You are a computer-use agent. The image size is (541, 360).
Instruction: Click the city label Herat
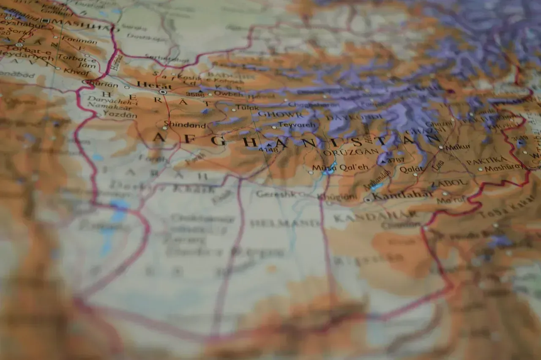click(x=148, y=85)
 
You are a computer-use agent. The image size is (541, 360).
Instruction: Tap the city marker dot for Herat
click(x=162, y=92)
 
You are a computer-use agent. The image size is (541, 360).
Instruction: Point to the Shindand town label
click(x=185, y=125)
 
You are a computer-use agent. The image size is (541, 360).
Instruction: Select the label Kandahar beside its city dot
click(x=403, y=195)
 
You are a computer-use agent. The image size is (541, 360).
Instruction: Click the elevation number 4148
click(x=268, y=149)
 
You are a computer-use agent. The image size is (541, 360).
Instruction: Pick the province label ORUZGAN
click(x=351, y=152)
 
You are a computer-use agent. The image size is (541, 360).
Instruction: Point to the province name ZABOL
click(x=449, y=184)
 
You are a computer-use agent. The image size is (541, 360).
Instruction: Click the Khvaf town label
click(x=76, y=71)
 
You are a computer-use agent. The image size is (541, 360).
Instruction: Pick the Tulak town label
click(x=247, y=108)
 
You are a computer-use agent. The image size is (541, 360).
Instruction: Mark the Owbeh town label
click(x=229, y=93)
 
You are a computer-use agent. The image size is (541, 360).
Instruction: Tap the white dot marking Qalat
click(x=415, y=174)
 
